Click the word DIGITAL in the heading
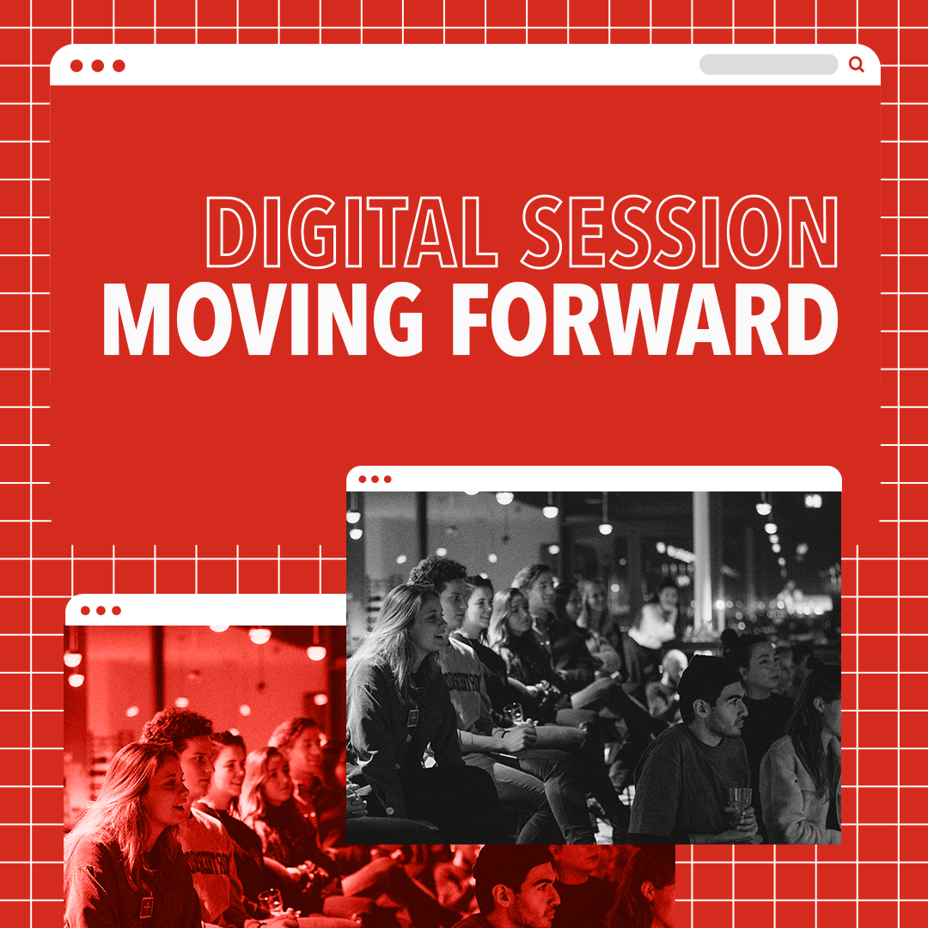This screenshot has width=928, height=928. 351,231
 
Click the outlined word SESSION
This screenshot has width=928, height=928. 680,231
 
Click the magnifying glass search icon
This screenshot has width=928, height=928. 857,64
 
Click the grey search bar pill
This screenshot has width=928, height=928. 768,64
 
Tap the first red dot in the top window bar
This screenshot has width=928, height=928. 76,65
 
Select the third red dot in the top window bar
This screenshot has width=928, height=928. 119,65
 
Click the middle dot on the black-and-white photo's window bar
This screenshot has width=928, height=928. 375,479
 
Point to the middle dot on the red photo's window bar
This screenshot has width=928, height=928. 101,611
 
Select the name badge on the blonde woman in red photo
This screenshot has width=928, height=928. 146,907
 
